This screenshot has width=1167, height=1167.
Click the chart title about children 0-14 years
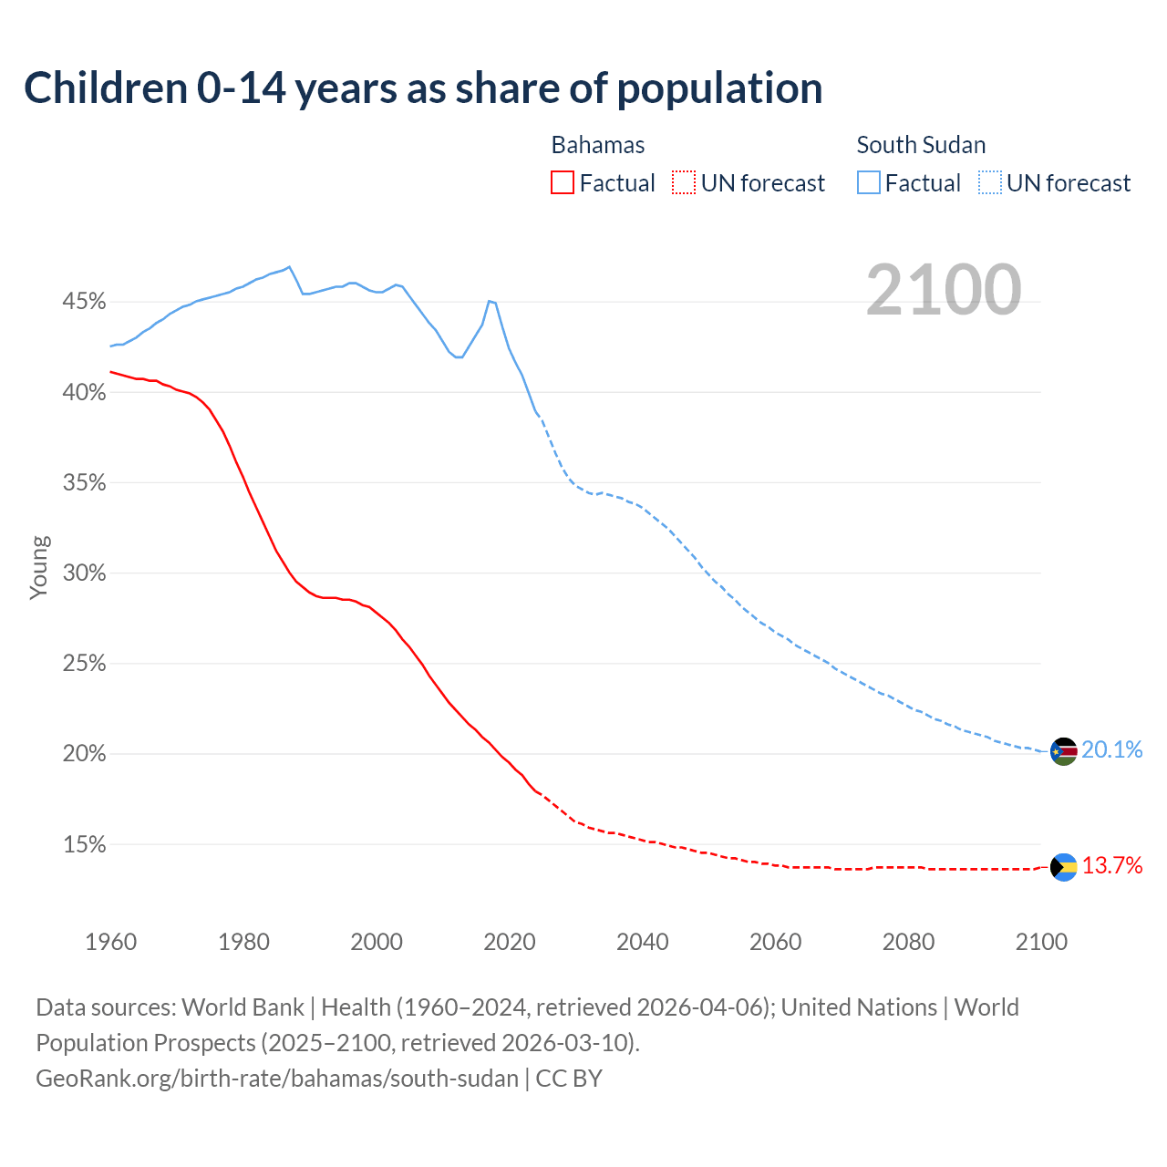(423, 88)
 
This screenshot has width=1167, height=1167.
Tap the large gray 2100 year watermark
(944, 290)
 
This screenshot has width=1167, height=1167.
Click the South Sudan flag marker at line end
(1064, 751)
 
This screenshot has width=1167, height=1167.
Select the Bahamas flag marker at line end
(1064, 866)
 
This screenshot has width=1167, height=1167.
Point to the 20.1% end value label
(1112, 749)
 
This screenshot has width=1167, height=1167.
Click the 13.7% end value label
(1112, 865)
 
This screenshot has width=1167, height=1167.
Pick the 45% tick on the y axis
(84, 302)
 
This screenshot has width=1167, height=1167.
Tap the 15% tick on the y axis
(84, 845)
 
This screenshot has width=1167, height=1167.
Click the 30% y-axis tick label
(84, 573)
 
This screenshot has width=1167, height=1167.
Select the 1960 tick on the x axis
(111, 942)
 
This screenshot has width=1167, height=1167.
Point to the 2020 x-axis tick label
(510, 942)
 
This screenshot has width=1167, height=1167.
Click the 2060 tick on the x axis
(776, 942)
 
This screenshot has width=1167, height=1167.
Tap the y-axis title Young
(39, 567)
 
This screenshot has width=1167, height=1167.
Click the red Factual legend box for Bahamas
(563, 183)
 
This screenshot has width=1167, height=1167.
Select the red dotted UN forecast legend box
(684, 183)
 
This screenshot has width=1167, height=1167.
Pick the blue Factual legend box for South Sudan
(869, 183)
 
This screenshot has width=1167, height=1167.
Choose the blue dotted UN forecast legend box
(990, 183)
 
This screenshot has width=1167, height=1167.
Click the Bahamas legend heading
(598, 145)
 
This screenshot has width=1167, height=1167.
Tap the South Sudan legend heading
(921, 145)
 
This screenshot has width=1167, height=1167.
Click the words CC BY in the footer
(569, 1079)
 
